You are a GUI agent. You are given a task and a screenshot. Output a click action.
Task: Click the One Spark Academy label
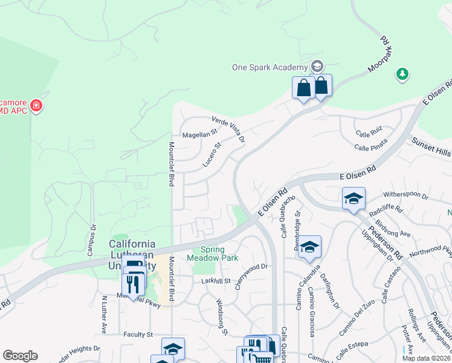[x=270, y=67]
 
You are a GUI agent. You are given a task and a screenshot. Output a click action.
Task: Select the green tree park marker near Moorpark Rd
[x=402, y=74]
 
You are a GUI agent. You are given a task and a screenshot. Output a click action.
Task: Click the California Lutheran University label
[x=132, y=253]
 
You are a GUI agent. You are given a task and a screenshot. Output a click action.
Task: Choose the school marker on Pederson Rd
[x=354, y=198]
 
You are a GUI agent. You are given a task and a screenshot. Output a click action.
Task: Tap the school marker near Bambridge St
[x=309, y=246]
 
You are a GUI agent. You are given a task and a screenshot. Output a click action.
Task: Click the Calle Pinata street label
[x=370, y=147]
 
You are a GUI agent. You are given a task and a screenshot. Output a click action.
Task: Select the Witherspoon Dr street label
[x=406, y=197]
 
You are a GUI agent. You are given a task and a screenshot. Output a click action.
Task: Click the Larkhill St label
[x=216, y=281]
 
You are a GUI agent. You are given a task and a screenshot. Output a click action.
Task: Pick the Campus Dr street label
[x=93, y=238]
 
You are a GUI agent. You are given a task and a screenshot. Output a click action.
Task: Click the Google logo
[x=20, y=356]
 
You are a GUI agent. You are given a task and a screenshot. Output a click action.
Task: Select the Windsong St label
[x=222, y=316]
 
